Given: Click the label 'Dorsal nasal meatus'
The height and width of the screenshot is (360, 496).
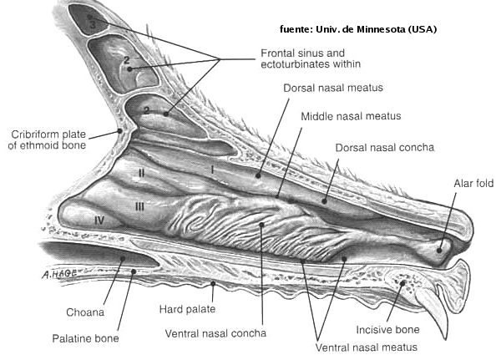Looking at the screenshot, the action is (333, 88).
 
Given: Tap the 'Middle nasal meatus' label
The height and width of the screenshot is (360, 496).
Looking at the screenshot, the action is (351, 116).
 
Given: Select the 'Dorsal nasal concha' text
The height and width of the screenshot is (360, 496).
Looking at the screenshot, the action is (385, 147).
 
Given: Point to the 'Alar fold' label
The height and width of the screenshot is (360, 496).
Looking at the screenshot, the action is (473, 183).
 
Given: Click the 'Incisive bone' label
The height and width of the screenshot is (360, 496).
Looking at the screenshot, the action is (387, 330).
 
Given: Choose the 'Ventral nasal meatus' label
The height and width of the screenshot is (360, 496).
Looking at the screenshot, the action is (367, 347).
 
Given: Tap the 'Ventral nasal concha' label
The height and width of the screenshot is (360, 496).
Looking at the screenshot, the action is (215, 333).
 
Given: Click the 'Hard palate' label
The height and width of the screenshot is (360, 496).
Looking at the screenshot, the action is (187, 309).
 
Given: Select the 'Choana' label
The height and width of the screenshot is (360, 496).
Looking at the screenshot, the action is (85, 312).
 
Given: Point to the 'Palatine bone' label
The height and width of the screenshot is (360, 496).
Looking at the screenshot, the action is (85, 338).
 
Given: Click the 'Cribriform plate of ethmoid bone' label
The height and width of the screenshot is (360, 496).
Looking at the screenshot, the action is (47, 139).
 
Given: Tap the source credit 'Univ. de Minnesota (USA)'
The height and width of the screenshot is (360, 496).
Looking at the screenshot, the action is (377, 29).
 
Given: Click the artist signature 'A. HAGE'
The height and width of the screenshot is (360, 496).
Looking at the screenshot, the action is (60, 274).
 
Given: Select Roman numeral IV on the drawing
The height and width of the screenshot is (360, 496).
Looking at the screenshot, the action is (99, 220).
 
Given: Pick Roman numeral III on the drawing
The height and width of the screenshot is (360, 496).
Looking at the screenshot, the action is (139, 206).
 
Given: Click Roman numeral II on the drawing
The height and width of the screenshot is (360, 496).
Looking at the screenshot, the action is (141, 173).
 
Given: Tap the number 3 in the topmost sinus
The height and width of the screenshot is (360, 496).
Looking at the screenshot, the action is (93, 25).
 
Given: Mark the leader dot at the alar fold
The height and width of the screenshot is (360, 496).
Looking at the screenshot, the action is (439, 251).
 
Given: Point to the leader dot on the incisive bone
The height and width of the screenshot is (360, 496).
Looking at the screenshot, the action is (402, 283).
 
